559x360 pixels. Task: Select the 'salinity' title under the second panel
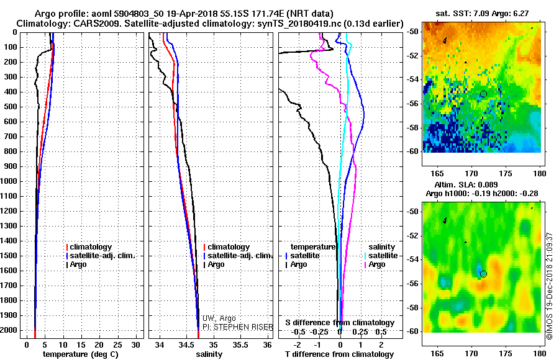pyautogui.click(x=209, y=354)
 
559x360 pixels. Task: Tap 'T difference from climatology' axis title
pyautogui.click(x=340, y=354)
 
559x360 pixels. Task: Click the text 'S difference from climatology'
pyautogui.click(x=340, y=323)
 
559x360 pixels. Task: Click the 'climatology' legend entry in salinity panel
pyautogui.click(x=229, y=247)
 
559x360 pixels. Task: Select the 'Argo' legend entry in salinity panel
pyautogui.click(x=216, y=264)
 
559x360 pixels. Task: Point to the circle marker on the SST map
pyautogui.click(x=483, y=94)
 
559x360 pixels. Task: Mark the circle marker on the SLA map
pyautogui.click(x=483, y=274)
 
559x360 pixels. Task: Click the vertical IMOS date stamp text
pyautogui.click(x=550, y=286)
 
